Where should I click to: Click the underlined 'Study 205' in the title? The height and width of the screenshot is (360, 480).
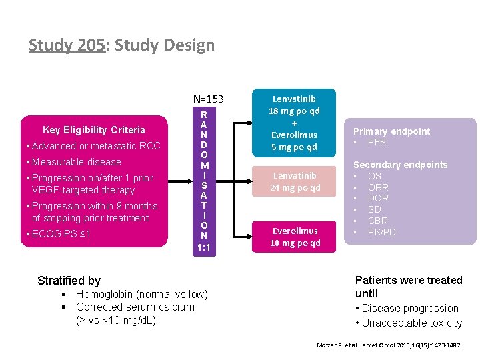point(67,45)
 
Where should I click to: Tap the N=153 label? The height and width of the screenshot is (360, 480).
point(208,99)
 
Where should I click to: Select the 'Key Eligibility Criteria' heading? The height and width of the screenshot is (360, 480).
point(94,129)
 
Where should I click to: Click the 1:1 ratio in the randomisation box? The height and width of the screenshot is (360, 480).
point(203,247)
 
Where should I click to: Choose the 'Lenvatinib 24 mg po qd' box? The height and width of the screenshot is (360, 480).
point(294,181)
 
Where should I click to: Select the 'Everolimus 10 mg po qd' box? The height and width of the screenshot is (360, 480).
point(294,237)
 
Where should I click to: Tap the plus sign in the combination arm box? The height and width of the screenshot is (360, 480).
point(294,123)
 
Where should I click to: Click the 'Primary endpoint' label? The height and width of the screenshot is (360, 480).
point(391,131)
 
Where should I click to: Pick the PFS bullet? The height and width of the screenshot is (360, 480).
point(377,142)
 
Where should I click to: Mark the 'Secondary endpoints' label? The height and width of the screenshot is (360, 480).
point(400,165)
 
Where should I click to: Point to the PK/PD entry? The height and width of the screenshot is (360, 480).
point(381,232)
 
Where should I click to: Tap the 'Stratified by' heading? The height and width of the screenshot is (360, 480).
point(69,281)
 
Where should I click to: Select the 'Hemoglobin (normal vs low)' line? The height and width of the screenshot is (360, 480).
point(141,295)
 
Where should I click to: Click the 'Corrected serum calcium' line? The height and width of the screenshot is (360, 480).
point(135,307)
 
